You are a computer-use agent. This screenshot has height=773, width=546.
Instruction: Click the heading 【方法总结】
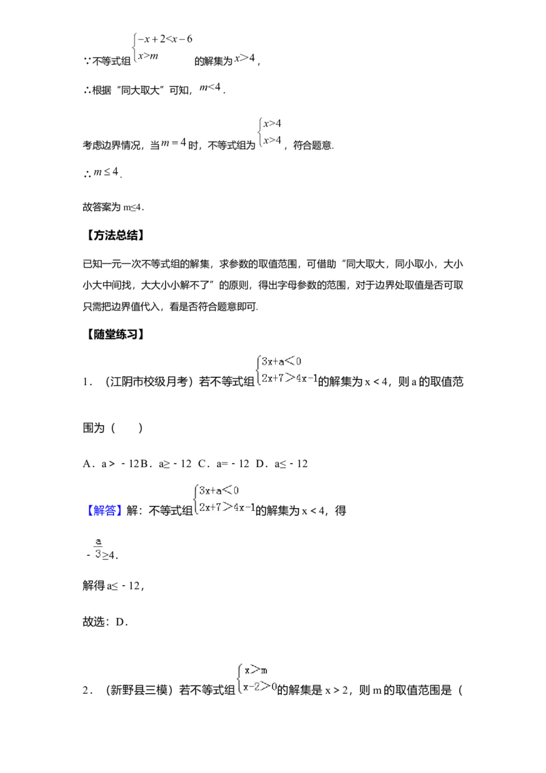(x=115, y=236)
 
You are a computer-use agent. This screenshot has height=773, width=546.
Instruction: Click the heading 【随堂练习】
(x=115, y=334)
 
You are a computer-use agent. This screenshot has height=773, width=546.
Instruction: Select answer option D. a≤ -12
(x=282, y=464)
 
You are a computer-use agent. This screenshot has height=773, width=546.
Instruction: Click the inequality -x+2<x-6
(x=165, y=39)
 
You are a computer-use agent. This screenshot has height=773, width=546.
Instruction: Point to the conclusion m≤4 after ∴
(x=106, y=172)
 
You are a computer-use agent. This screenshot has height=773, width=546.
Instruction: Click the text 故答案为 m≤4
(x=113, y=207)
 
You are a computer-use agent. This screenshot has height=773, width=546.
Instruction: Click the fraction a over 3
(x=98, y=548)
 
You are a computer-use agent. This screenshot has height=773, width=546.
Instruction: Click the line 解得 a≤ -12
(x=113, y=586)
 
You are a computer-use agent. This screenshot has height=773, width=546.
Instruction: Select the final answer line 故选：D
(x=106, y=621)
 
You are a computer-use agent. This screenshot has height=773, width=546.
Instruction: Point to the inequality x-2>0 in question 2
(x=260, y=686)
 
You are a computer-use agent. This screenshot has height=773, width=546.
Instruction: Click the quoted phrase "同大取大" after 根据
(x=141, y=90)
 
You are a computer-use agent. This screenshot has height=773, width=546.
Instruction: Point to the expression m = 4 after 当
(x=173, y=143)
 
